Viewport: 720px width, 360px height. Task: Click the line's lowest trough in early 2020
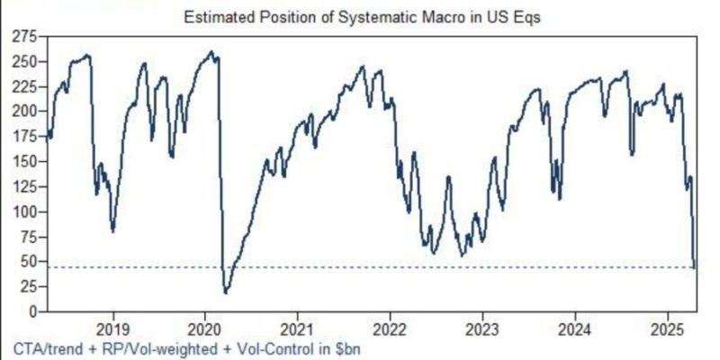[x=225, y=292]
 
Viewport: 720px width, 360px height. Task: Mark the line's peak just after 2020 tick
[x=211, y=51]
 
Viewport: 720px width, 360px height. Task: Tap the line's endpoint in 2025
[x=695, y=266]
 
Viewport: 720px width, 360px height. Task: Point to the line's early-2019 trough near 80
[x=112, y=231]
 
